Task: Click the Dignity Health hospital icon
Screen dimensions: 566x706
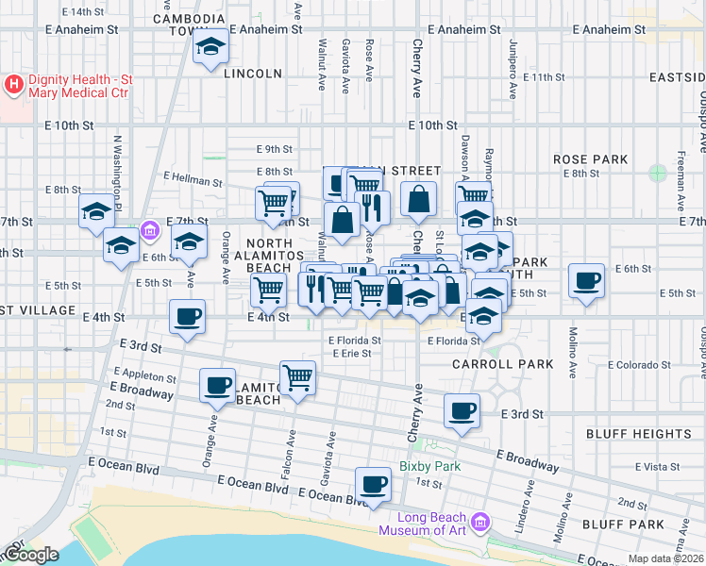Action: click(x=14, y=85)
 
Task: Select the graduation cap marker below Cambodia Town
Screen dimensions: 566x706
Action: click(x=210, y=47)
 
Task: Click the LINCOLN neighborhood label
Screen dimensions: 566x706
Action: click(x=253, y=74)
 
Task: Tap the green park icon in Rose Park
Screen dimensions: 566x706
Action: click(x=657, y=173)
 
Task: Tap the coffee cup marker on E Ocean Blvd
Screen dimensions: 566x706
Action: click(x=374, y=485)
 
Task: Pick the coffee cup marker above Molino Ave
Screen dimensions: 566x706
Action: click(x=586, y=280)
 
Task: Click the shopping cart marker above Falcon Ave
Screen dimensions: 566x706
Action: click(x=298, y=378)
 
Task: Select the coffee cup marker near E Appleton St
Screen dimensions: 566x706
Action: click(x=218, y=385)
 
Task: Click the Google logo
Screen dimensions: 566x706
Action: click(x=30, y=555)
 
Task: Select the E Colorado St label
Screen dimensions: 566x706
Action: click(x=637, y=364)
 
